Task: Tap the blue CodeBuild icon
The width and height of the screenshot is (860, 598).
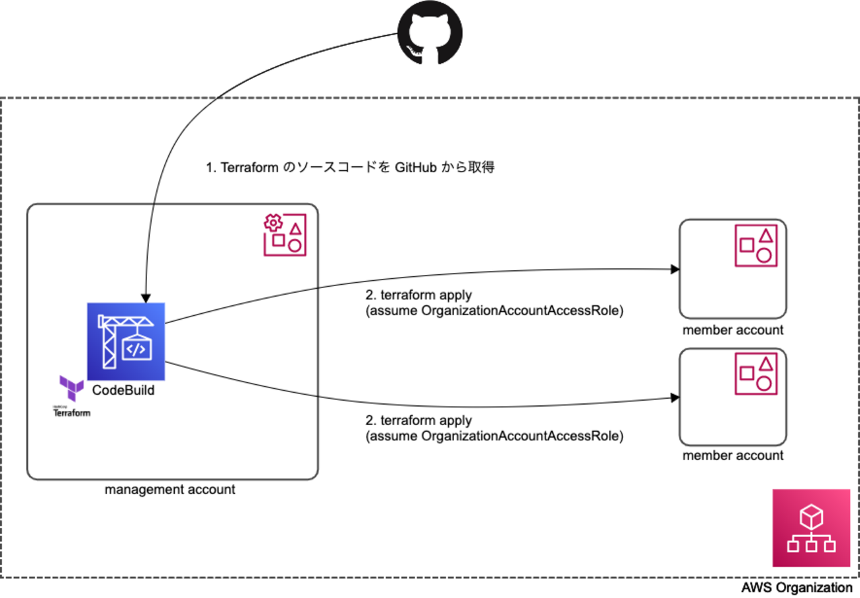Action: (x=126, y=341)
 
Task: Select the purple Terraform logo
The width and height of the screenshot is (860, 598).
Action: (x=72, y=387)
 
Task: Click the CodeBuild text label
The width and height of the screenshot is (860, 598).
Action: (x=124, y=391)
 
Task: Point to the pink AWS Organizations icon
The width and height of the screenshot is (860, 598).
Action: (x=811, y=528)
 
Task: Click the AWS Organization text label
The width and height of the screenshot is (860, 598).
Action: (x=796, y=587)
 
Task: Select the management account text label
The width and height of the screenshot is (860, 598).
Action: (x=170, y=490)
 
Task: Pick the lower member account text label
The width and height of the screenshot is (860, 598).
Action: (x=733, y=456)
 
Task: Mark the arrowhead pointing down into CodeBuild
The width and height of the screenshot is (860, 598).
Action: (x=145, y=298)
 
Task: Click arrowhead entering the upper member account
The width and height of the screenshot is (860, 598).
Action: (x=675, y=270)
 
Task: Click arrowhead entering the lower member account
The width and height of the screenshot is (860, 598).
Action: (x=675, y=397)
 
